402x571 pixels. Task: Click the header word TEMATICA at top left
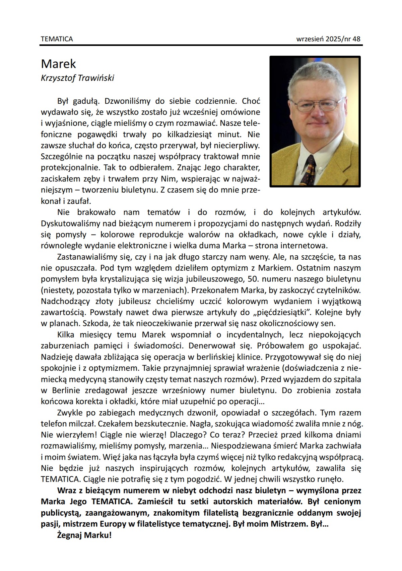tap(57, 39)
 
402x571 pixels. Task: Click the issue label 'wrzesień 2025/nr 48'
tap(328, 39)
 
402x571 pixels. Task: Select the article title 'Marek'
tap(58, 64)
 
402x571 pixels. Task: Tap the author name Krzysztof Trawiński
tap(77, 78)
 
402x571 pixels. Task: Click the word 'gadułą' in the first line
tap(85, 101)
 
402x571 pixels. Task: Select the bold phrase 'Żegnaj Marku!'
tap(84, 535)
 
